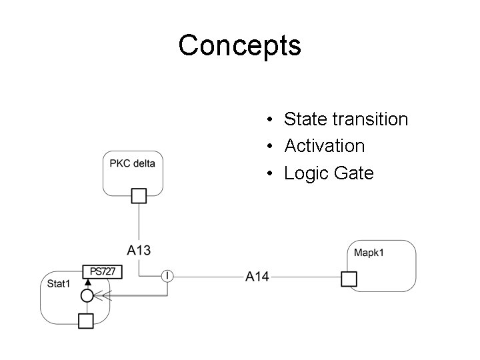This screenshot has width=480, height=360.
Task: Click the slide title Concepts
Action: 239,46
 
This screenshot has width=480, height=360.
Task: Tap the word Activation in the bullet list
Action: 324,146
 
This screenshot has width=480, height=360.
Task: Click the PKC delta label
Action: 132,163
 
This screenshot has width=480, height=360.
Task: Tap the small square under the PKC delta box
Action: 139,195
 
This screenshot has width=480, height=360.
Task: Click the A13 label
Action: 139,250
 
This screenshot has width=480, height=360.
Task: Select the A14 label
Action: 257,276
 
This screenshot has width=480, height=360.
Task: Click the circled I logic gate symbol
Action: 167,275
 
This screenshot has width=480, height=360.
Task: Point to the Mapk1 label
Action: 369,253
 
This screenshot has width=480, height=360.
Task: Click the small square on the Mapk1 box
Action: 349,279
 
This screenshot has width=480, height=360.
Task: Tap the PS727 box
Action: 103,271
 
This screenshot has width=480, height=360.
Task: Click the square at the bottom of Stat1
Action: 86,321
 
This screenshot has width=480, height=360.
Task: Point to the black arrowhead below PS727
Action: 87,283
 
